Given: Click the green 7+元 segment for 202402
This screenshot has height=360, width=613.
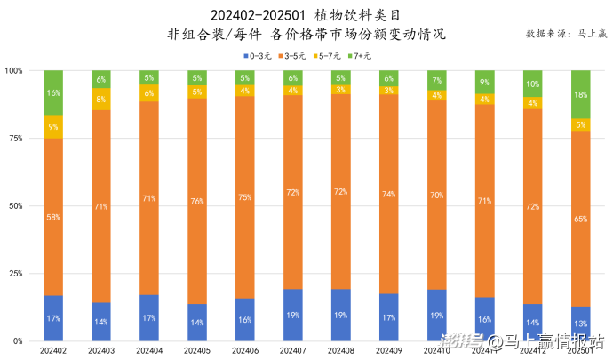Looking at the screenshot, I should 53,92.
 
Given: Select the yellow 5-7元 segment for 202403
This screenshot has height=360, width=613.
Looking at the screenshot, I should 101,99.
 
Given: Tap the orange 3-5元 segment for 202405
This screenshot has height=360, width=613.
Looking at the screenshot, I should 197,200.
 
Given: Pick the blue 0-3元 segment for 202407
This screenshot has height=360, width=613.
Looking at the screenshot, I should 293,315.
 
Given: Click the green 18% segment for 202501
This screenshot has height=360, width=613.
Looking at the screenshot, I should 581,94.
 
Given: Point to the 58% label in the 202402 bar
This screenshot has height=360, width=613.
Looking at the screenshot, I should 53,216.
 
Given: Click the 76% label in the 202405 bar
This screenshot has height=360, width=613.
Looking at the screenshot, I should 197,201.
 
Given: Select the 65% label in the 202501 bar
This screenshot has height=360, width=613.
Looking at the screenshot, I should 581,218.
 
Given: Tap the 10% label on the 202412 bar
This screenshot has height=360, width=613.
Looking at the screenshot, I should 533,84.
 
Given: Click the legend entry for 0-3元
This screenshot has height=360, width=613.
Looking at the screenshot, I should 257,56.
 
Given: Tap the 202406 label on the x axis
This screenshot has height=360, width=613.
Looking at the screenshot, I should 245,351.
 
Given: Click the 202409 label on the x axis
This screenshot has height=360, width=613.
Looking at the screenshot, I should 389,351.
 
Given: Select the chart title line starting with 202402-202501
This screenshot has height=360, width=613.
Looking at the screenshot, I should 306,15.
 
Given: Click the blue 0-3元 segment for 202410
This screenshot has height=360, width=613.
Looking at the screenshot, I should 437,315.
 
